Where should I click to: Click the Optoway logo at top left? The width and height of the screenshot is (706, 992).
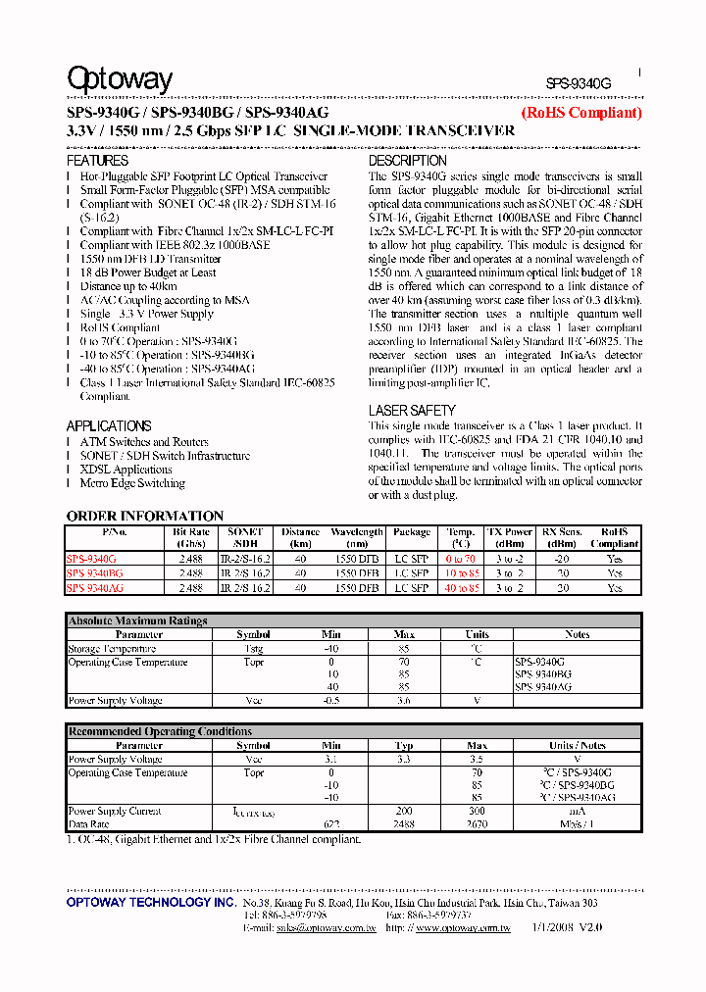(120, 79)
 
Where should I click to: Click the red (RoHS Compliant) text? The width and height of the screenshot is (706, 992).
(581, 113)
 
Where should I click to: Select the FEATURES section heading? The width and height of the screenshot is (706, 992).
(97, 160)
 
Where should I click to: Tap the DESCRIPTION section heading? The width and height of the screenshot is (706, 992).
(407, 160)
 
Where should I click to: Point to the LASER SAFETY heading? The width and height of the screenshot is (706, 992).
(412, 411)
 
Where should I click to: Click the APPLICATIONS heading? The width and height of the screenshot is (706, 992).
(109, 426)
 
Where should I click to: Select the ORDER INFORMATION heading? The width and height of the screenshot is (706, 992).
(145, 516)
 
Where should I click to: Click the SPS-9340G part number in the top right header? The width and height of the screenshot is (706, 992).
(578, 85)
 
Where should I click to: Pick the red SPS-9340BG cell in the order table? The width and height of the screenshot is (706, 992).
(95, 573)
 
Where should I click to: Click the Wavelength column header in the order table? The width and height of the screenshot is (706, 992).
(356, 537)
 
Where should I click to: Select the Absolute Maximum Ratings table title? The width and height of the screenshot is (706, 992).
(137, 620)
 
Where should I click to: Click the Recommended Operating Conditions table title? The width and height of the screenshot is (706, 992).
(160, 731)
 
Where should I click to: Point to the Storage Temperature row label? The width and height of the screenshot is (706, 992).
(112, 649)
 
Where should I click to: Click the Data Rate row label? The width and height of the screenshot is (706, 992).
(89, 825)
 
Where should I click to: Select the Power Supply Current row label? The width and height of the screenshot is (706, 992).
(115, 812)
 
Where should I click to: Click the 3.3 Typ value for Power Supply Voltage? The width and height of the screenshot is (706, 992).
(404, 760)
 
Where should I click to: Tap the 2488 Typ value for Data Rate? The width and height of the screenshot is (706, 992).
(404, 825)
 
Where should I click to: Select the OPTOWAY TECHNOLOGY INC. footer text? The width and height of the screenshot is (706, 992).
(151, 901)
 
